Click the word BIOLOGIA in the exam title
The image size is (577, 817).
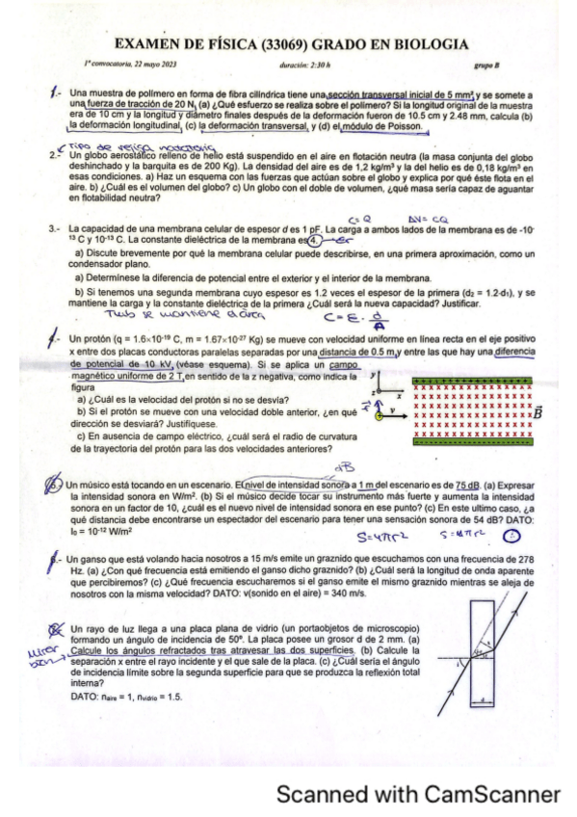[x=424, y=44]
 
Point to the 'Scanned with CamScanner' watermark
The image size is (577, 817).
[x=418, y=794]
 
